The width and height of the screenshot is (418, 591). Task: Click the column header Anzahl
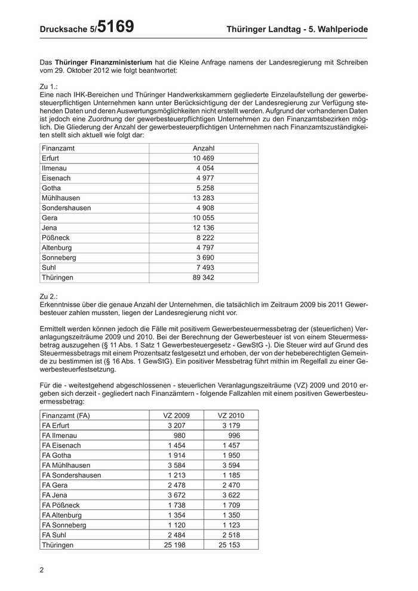coord(204,148)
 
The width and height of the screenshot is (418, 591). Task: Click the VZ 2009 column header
coord(176,415)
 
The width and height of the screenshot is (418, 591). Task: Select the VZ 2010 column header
coord(230,415)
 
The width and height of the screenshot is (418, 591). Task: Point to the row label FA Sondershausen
coord(71,475)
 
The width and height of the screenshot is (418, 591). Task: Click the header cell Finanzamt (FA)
coord(66,415)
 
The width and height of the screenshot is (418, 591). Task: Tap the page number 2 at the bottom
coord(42,570)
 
